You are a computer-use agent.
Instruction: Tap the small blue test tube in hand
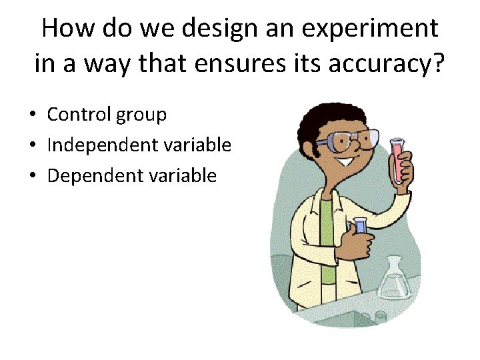click(x=361, y=225)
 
